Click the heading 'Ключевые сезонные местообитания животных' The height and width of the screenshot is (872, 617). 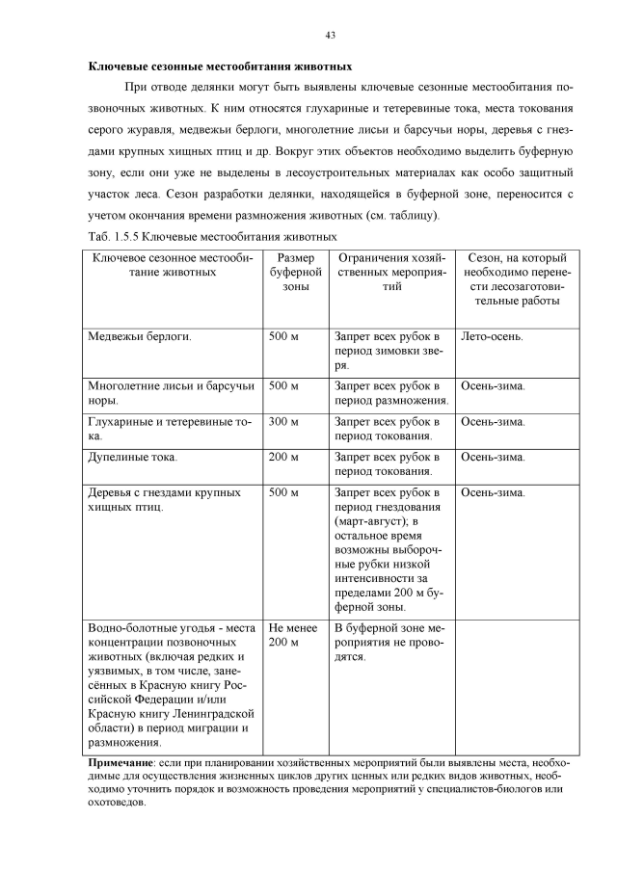pyautogui.click(x=220, y=67)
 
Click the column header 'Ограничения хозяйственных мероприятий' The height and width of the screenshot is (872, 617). pyautogui.click(x=390, y=273)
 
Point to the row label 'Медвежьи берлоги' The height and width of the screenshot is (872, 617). pyautogui.click(x=140, y=337)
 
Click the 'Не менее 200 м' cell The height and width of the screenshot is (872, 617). pyautogui.click(x=289, y=634)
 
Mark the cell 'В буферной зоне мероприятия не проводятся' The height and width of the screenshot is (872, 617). pyautogui.click(x=389, y=641)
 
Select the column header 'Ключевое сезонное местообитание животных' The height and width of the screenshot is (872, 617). pyautogui.click(x=174, y=265)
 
